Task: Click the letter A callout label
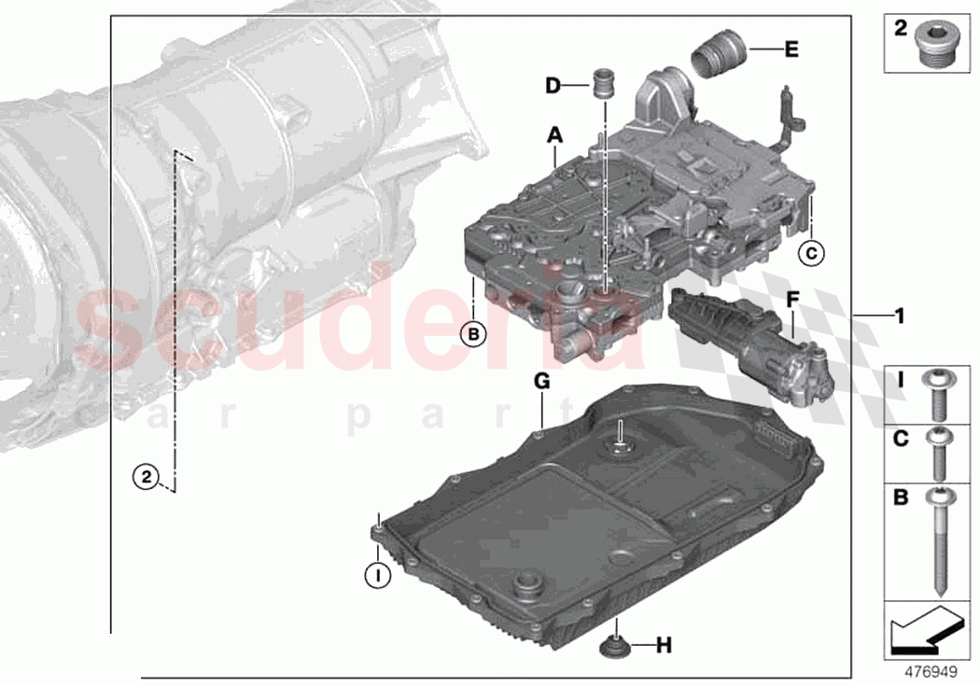tap(555, 136)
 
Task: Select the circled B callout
tap(473, 333)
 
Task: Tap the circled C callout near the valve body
tap(811, 252)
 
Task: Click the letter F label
tap(793, 301)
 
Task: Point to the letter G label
tap(542, 381)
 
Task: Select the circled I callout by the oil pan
tap(377, 576)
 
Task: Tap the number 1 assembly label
tap(899, 315)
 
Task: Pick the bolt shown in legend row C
tap(937, 452)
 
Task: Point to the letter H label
tap(663, 644)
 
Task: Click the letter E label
tap(791, 49)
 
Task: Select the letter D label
tap(553, 86)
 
